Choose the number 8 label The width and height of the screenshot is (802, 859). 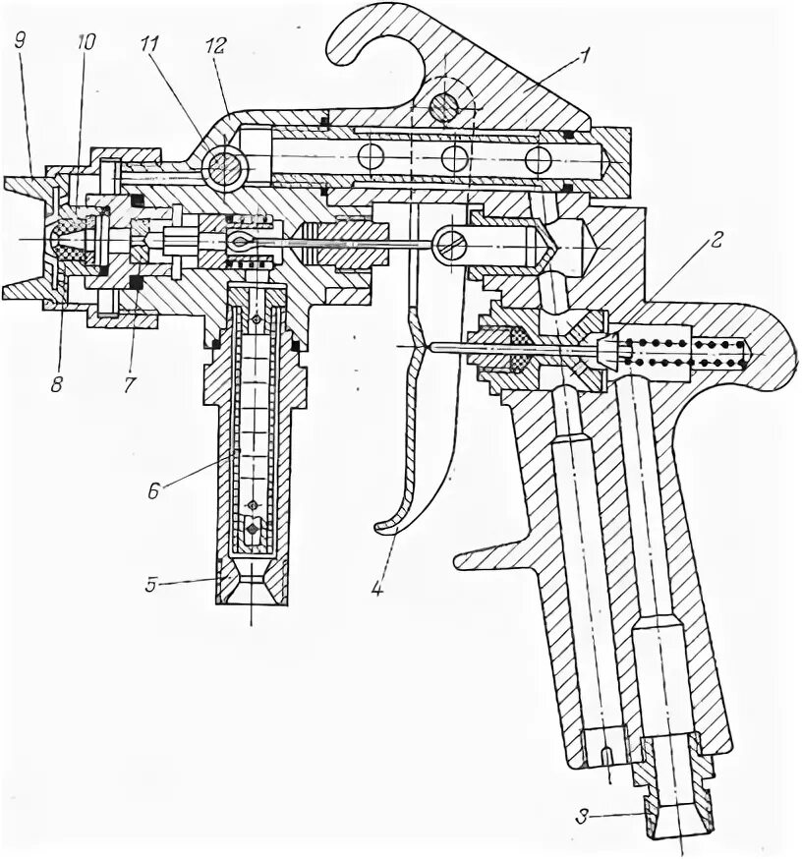point(56,385)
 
